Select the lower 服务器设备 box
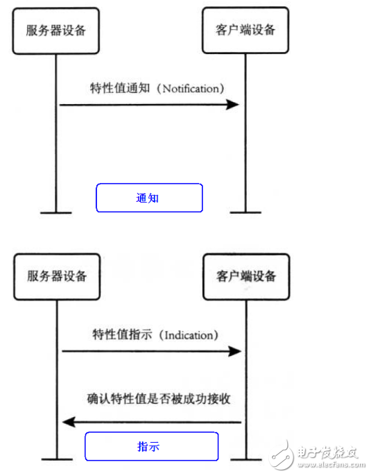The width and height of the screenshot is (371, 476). click(x=57, y=276)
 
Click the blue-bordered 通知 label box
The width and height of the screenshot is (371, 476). click(x=148, y=198)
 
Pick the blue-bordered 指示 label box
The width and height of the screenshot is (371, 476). click(x=151, y=446)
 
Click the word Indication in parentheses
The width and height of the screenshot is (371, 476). click(x=190, y=335)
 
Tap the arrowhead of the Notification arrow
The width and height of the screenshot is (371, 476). click(x=234, y=105)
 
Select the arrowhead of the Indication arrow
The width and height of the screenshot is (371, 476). click(x=235, y=352)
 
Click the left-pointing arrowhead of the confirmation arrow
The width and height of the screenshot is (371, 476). click(x=68, y=422)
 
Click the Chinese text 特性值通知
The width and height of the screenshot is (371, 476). click(x=119, y=90)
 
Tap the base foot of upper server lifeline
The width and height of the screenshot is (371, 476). click(x=55, y=212)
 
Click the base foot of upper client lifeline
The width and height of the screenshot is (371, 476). click(x=243, y=212)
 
